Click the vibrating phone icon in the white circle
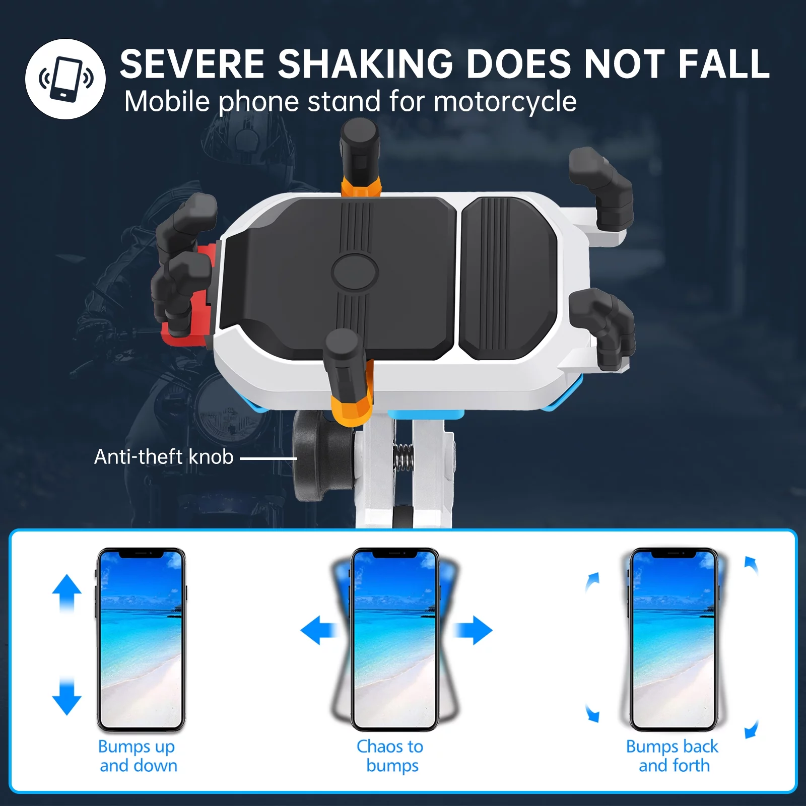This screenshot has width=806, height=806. pyautogui.click(x=66, y=79)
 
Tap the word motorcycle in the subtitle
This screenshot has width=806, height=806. pyautogui.click(x=505, y=102)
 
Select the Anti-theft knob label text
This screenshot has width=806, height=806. pyautogui.click(x=164, y=457)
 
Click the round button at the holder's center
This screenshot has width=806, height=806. pyautogui.click(x=355, y=272)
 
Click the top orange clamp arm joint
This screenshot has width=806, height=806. pyautogui.click(x=361, y=186)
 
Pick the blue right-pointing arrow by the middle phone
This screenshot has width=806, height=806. pyautogui.click(x=474, y=630)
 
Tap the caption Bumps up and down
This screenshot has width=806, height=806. pyautogui.click(x=138, y=756)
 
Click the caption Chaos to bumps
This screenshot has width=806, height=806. pyautogui.click(x=391, y=756)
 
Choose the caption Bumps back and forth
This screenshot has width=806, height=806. pyautogui.click(x=673, y=756)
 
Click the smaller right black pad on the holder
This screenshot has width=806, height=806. pyautogui.click(x=509, y=278)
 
